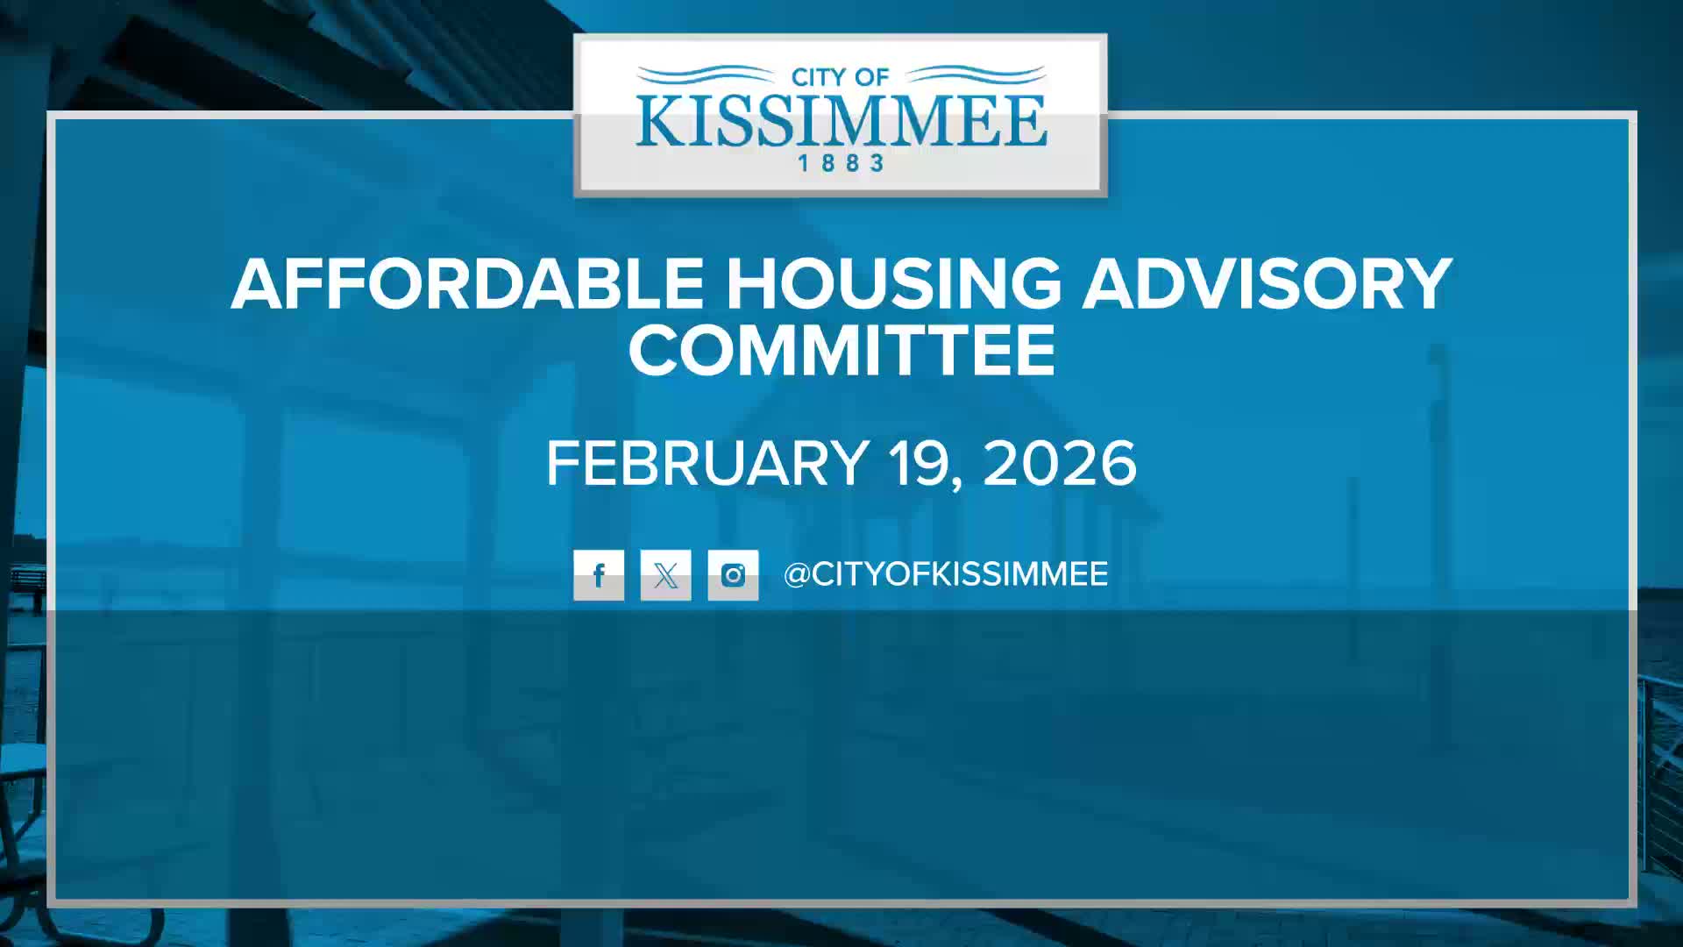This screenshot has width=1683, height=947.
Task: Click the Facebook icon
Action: pyautogui.click(x=599, y=575)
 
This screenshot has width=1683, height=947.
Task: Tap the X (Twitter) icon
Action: pyautogui.click(x=665, y=575)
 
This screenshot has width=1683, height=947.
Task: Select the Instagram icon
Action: pyautogui.click(x=733, y=575)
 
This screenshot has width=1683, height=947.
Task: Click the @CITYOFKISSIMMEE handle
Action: pyautogui.click(x=946, y=574)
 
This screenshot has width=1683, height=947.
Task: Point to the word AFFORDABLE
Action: pyautogui.click(x=467, y=283)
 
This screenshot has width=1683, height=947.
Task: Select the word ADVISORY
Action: pyautogui.click(x=1268, y=283)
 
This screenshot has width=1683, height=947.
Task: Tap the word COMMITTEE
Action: pyautogui.click(x=841, y=350)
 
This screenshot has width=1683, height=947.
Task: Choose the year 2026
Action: pyautogui.click(x=1060, y=463)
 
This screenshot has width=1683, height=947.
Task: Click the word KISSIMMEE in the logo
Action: pyautogui.click(x=841, y=121)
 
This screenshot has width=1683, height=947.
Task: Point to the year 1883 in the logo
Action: pyautogui.click(x=841, y=163)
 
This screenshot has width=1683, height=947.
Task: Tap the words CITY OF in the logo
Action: pyautogui.click(x=840, y=77)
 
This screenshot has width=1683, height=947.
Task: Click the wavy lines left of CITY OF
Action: pyautogui.click(x=707, y=75)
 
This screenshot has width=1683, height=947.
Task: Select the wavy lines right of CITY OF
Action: pyautogui.click(x=974, y=75)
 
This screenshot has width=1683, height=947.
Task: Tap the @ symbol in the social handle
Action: pyautogui.click(x=797, y=575)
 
